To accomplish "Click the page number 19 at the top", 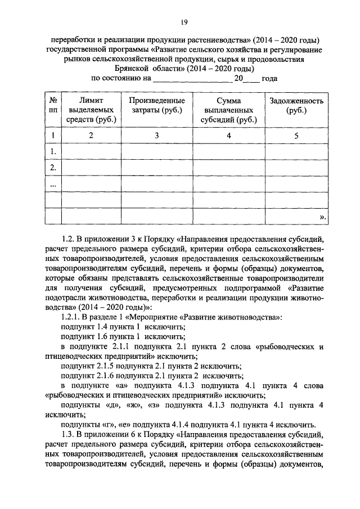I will coord(184,22).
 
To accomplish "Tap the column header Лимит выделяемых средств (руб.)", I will coord(91,110).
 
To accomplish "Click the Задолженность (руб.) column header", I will coord(296,106).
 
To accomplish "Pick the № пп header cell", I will coord(53,106).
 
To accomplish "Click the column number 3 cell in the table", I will coord(157,136).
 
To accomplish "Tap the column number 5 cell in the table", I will coord(296,136).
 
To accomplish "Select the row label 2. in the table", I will coord(53,168).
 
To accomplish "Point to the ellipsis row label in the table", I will coord(53,184).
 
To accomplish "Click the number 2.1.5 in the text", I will coord(110,366).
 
